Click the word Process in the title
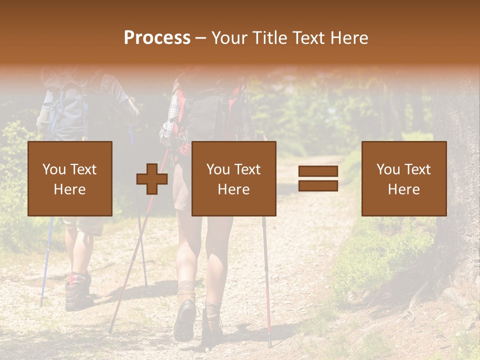[x=157, y=38]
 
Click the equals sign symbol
[x=318, y=178]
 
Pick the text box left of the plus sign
[x=69, y=178]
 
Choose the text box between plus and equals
[x=233, y=178]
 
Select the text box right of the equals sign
[x=403, y=178]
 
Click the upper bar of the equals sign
[x=318, y=171]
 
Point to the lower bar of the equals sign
[x=318, y=186]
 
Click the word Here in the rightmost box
[x=403, y=189]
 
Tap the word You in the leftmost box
[x=53, y=169]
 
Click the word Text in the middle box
[x=248, y=169]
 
